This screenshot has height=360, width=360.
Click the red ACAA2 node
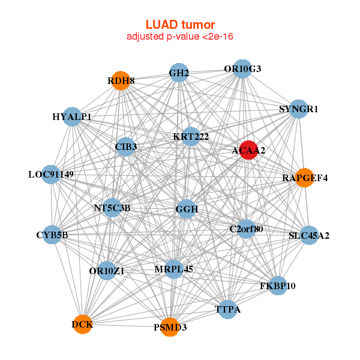(x=249, y=151)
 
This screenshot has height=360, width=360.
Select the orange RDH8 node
(x=121, y=81)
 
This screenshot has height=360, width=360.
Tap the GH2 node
(x=179, y=73)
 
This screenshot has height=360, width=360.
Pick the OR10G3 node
(x=242, y=69)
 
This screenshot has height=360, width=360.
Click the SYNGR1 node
(x=298, y=109)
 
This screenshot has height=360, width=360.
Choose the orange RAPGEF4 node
(x=305, y=178)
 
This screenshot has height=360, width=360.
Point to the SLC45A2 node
(x=309, y=235)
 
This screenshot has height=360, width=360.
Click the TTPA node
(x=227, y=310)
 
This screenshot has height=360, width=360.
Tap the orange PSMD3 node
(x=170, y=327)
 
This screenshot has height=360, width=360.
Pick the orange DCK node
(x=82, y=325)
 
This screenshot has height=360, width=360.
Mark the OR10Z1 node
(x=107, y=271)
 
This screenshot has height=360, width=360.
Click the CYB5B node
(x=53, y=235)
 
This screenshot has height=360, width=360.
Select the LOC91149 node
(x=51, y=175)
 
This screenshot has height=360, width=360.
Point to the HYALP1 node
(x=72, y=117)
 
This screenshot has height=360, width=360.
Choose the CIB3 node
(x=125, y=146)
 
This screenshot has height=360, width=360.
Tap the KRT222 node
(x=191, y=137)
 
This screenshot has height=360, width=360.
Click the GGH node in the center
(x=187, y=209)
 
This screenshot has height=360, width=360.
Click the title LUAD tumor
(x=180, y=25)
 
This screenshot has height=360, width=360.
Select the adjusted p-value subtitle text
(x=180, y=37)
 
